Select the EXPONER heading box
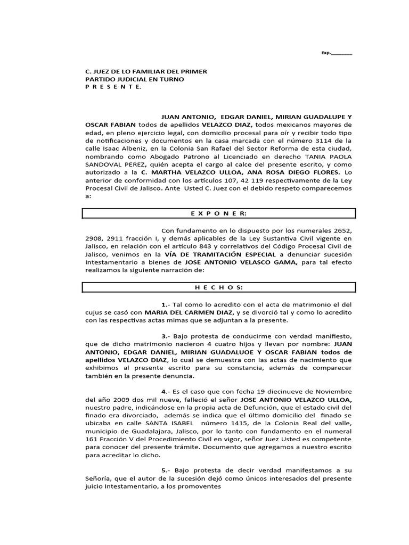[211, 213]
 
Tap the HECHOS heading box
[211, 287]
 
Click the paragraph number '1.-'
[167, 304]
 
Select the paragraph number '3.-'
[167, 337]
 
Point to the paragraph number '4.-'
[167, 392]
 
